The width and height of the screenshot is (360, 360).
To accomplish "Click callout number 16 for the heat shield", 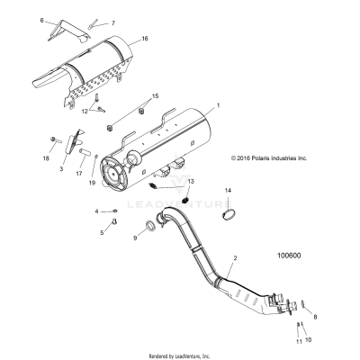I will pos(144,40).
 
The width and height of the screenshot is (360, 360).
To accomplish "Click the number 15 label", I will pos(155,95).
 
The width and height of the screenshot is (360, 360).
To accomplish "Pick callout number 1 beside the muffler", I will pos(216,106).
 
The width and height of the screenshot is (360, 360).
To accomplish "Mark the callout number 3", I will pos(60,167).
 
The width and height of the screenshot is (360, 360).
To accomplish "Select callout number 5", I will pos(102,232).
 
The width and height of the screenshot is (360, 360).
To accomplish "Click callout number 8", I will pos(315,318).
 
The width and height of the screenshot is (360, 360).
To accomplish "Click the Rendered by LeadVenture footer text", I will pos(180,355).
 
